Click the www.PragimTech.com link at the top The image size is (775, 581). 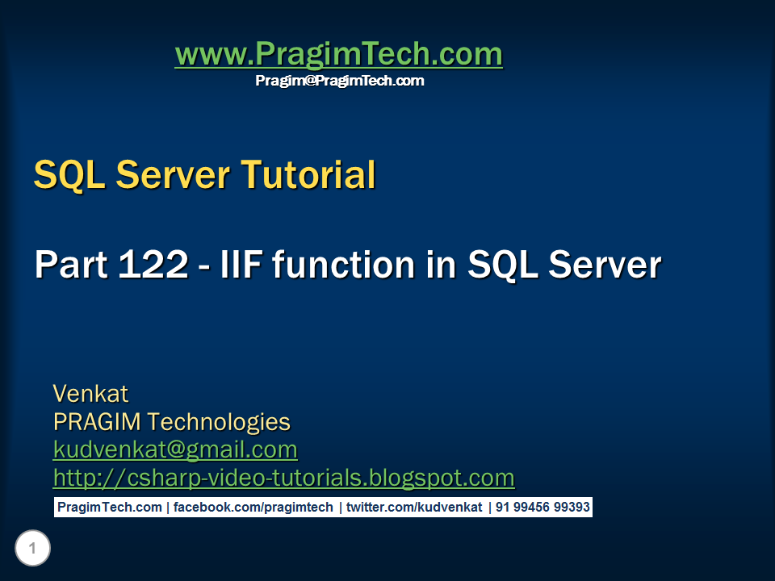[338, 53]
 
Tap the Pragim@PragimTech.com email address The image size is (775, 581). [340, 81]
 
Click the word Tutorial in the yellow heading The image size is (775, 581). [308, 174]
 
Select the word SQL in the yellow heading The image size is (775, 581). [69, 175]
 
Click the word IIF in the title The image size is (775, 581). [241, 265]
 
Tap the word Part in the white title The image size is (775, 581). [71, 265]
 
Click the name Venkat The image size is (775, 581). [90, 394]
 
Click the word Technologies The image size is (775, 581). [219, 423]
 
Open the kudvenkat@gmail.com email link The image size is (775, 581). [175, 450]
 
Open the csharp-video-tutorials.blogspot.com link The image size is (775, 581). [283, 478]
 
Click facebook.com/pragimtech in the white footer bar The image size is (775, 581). [253, 508]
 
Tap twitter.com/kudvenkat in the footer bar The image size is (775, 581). [414, 508]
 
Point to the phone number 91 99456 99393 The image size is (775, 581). [542, 508]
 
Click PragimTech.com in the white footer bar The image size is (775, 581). [110, 508]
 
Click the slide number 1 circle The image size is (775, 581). [32, 548]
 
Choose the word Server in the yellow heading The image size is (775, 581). [173, 174]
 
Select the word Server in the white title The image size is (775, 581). [605, 265]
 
